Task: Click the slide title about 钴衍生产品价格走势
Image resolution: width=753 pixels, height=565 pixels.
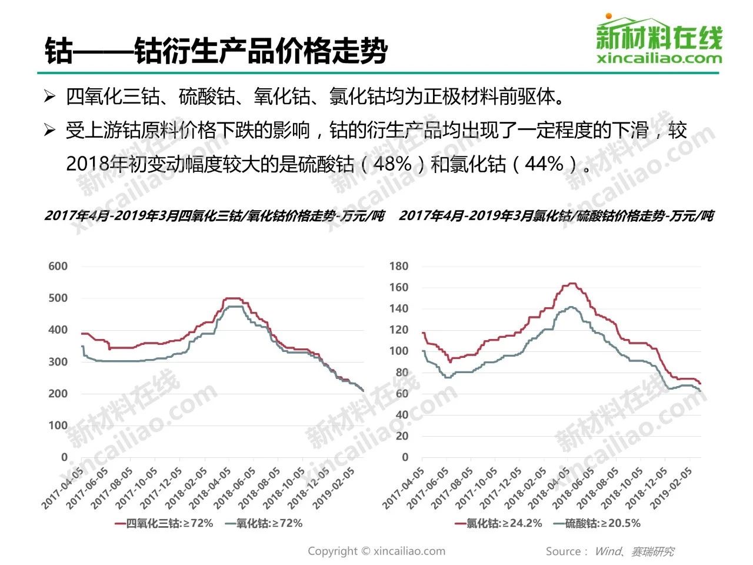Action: (216, 49)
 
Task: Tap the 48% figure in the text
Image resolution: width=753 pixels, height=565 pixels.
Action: (392, 164)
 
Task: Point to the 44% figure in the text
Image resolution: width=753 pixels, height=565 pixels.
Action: (544, 164)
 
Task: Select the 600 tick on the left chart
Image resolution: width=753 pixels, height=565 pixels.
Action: (58, 266)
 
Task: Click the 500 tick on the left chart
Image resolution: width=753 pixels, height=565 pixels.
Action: (58, 298)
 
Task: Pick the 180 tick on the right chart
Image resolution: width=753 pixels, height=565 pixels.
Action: (398, 266)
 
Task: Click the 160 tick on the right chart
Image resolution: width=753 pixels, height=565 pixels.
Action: (398, 287)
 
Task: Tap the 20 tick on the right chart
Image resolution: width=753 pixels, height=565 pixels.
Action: (402, 436)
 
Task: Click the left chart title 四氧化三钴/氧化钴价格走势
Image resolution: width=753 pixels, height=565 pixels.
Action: (214, 216)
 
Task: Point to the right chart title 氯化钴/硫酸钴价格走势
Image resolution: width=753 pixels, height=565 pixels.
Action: (556, 216)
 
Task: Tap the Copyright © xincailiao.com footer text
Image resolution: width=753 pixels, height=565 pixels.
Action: (376, 551)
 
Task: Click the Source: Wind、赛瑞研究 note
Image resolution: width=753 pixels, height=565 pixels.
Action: (609, 551)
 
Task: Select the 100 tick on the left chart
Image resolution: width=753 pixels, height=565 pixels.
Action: (58, 426)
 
